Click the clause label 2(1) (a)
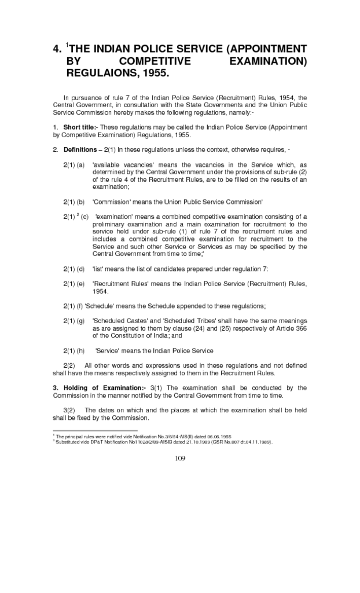[74, 165]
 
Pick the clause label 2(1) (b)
[74, 202]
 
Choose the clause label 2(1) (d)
[74, 269]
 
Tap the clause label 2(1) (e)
[74, 284]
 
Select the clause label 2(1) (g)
[74, 321]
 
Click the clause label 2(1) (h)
[74, 350]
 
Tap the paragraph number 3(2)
[70, 411]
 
